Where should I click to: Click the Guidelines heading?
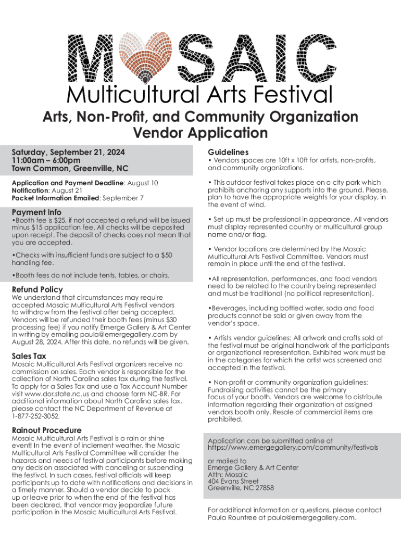pos(228,151)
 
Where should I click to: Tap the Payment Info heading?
pos(36,212)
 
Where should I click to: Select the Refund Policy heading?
pos(37,289)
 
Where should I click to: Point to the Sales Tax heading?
pos(29,356)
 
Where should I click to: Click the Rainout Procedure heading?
pos(46,430)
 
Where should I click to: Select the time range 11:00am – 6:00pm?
pos(46,160)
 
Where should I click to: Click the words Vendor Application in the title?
pos(200,133)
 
